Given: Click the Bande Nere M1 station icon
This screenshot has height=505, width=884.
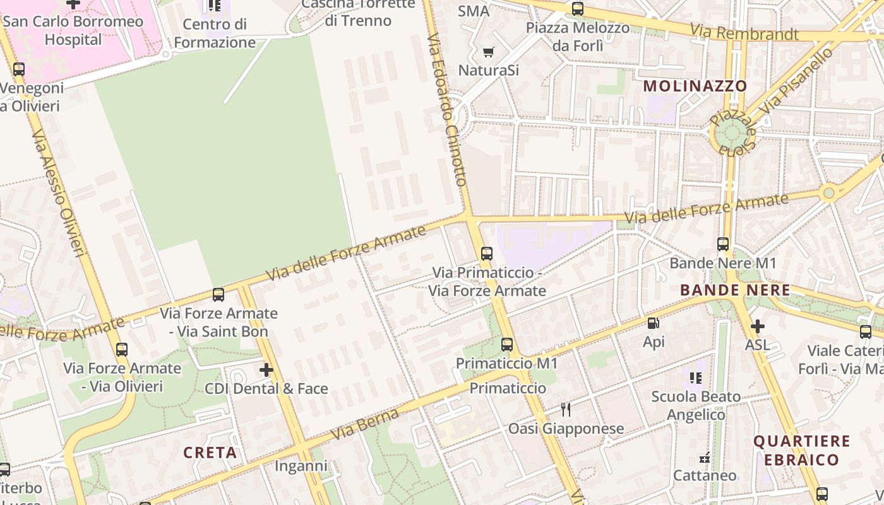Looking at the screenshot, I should click(x=723, y=244).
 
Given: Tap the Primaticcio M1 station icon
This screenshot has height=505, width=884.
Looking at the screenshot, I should click(x=507, y=345).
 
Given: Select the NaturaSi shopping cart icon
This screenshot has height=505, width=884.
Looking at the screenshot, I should click(x=488, y=51).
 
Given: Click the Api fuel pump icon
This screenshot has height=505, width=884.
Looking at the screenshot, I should click(x=654, y=323).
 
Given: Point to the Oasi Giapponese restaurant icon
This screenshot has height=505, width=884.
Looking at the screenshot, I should click(x=566, y=410).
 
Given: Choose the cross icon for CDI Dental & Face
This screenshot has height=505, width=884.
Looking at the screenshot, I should click(x=266, y=369).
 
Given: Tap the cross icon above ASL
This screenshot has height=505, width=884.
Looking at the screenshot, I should click(x=757, y=326).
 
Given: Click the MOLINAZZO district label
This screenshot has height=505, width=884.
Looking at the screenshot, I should click(x=695, y=86).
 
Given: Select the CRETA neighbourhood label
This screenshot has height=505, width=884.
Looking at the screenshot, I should click(x=210, y=453).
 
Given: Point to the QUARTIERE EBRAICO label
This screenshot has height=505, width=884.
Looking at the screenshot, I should click(x=802, y=450).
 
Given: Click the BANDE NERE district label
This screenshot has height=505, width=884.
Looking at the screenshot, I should click(x=734, y=290).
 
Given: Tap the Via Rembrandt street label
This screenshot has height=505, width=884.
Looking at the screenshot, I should click(x=744, y=32).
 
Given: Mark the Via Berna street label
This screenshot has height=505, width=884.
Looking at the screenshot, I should click(x=366, y=424).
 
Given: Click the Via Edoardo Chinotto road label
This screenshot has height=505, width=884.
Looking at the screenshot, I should click(x=446, y=110).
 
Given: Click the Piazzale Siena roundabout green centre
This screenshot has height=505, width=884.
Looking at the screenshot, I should click(x=731, y=133).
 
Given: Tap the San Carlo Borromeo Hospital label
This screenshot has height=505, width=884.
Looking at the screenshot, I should click(x=73, y=30).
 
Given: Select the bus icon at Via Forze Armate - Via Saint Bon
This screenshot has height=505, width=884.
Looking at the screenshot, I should click(x=218, y=294).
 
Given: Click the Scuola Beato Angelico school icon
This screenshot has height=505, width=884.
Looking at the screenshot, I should click(x=696, y=378).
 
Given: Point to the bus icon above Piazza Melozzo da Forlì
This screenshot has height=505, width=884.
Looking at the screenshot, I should click(x=578, y=9).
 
